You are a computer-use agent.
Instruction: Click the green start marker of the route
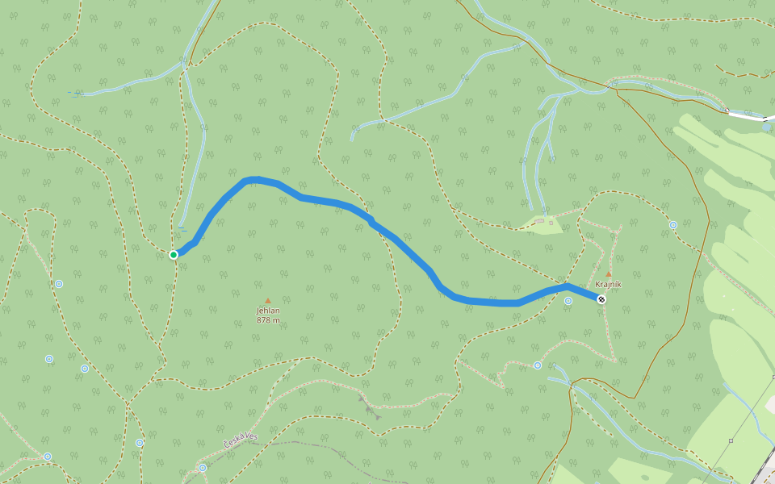pyautogui.click(x=174, y=255)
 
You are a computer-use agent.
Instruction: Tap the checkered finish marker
pyautogui.click(x=601, y=299)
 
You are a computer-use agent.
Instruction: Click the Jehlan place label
pyautogui.click(x=268, y=311)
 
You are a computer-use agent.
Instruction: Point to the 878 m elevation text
pyautogui.click(x=268, y=320)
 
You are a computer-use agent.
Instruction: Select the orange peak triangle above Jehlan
pyautogui.click(x=268, y=300)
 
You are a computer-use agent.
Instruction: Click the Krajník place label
pyautogui.click(x=608, y=285)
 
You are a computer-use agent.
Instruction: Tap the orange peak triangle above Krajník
pyautogui.click(x=608, y=274)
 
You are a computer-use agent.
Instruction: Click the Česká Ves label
pyautogui.click(x=241, y=440)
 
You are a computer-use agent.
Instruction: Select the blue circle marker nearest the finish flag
pyautogui.click(x=568, y=301)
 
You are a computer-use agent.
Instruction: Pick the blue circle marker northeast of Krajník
pyautogui.click(x=673, y=225)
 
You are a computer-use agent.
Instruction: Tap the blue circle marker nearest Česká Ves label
pyautogui.click(x=203, y=467)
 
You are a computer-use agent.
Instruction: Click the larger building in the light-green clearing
pyautogui.click(x=539, y=221)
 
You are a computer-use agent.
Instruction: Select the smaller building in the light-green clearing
pyautogui.click(x=551, y=221)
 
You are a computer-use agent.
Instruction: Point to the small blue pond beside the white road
pyautogui.click(x=766, y=127)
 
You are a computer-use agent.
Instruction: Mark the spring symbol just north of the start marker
pyautogui.click(x=183, y=229)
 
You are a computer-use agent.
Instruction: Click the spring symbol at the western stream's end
pyautogui.click(x=75, y=94)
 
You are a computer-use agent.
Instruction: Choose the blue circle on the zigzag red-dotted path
pyautogui.click(x=538, y=365)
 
